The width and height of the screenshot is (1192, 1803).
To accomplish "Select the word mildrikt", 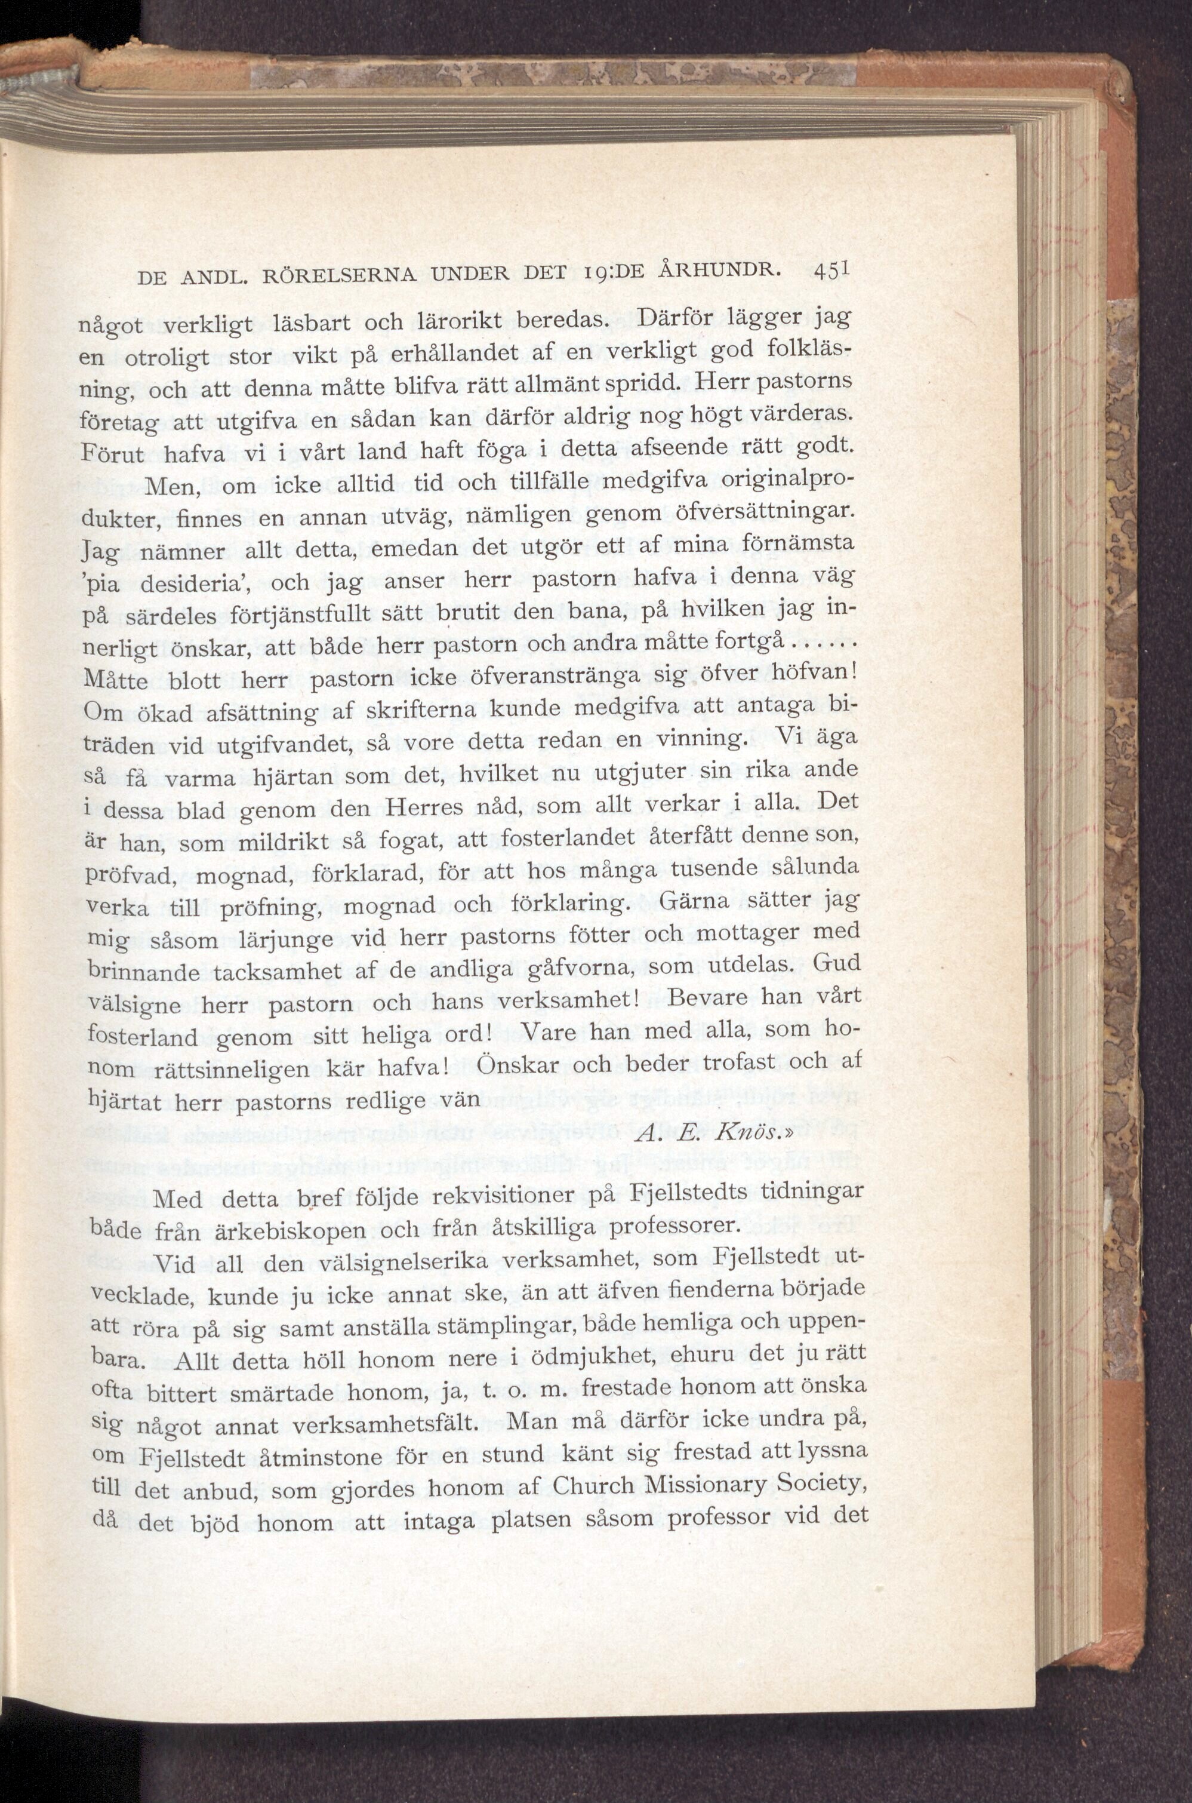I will click(x=283, y=843).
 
